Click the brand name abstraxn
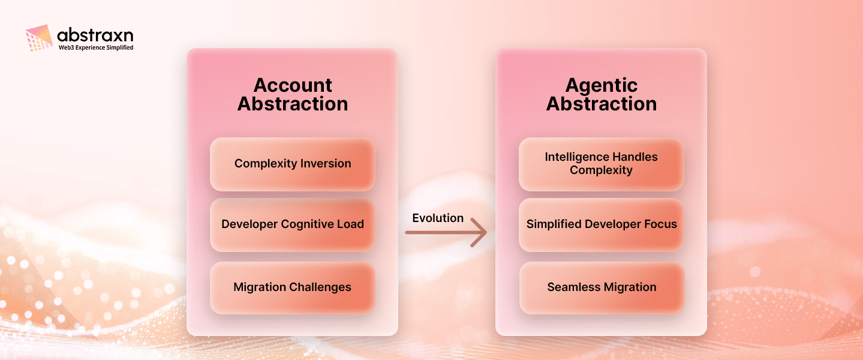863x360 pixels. pyautogui.click(x=95, y=35)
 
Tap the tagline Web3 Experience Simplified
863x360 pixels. pyautogui.click(x=95, y=47)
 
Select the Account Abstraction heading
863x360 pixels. pyautogui.click(x=293, y=94)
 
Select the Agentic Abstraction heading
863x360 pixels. pyautogui.click(x=601, y=94)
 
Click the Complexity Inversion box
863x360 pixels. pyautogui.click(x=293, y=164)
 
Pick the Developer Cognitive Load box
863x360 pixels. pyautogui.click(x=293, y=224)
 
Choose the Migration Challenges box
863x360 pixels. pyautogui.click(x=293, y=287)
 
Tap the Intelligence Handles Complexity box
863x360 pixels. pyautogui.click(x=601, y=164)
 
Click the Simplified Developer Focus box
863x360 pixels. pyautogui.click(x=601, y=224)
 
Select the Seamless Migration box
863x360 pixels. pyautogui.click(x=601, y=287)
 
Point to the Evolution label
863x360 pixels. pyautogui.click(x=438, y=218)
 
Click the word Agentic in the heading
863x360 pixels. pyautogui.click(x=602, y=85)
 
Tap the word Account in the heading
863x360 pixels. pyautogui.click(x=293, y=85)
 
